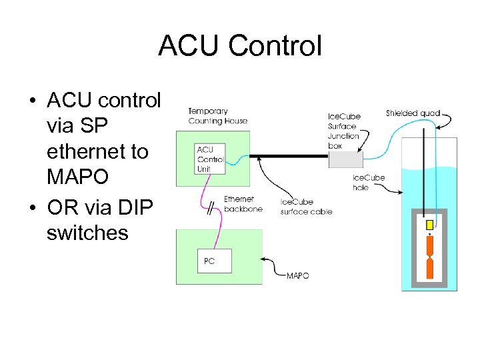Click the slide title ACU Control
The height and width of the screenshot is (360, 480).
pyautogui.click(x=240, y=46)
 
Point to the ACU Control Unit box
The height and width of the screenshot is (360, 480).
pyautogui.click(x=209, y=159)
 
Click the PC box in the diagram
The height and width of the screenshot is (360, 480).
pyautogui.click(x=215, y=261)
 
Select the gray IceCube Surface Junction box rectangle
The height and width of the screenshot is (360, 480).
pyautogui.click(x=345, y=159)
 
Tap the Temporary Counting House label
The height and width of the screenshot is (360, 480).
pyautogui.click(x=217, y=116)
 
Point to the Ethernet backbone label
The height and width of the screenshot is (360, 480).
pyautogui.click(x=243, y=203)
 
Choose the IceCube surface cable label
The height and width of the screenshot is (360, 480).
pyautogui.click(x=306, y=207)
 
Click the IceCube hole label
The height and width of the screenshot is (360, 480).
pyautogui.click(x=369, y=183)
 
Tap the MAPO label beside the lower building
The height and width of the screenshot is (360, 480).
pyautogui.click(x=297, y=275)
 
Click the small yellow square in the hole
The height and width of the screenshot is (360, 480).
pyautogui.click(x=430, y=224)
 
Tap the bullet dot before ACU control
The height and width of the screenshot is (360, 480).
pyautogui.click(x=32, y=101)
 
